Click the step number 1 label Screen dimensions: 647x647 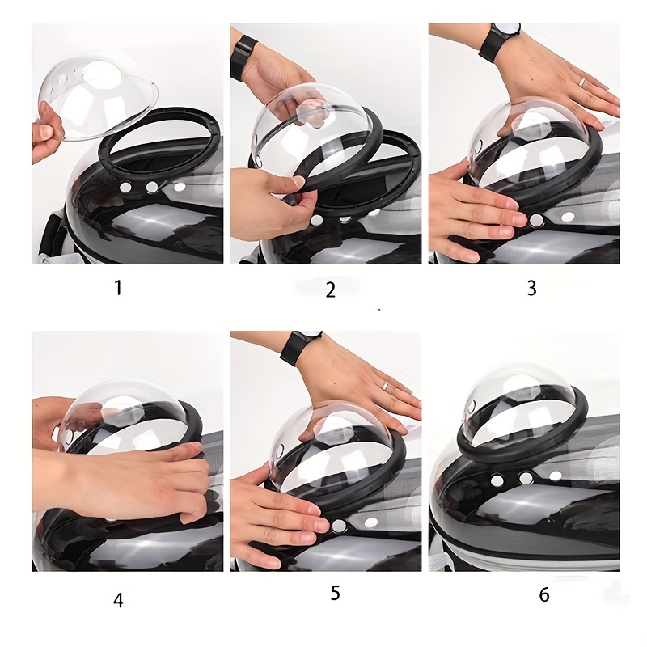pos(119,288)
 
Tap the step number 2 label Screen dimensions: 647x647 pos(331,290)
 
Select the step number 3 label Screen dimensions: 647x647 pos(532,288)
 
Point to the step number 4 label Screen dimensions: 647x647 pos(118,600)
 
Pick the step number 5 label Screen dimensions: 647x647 pos(335,593)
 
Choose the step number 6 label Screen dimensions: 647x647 pos(544,594)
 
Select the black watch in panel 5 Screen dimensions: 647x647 pos(299,346)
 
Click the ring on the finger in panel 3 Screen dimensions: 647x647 pos(581,82)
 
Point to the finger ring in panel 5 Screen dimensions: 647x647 pos(385,386)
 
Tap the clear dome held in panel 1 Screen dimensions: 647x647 pos(98,98)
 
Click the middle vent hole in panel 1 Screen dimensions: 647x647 pos(151,187)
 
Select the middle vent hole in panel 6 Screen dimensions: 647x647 pos(526,478)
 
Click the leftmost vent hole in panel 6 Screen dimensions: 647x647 pos(497,480)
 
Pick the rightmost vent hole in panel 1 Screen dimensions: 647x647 pos(180,187)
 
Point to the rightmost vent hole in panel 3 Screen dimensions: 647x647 pos(569,216)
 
